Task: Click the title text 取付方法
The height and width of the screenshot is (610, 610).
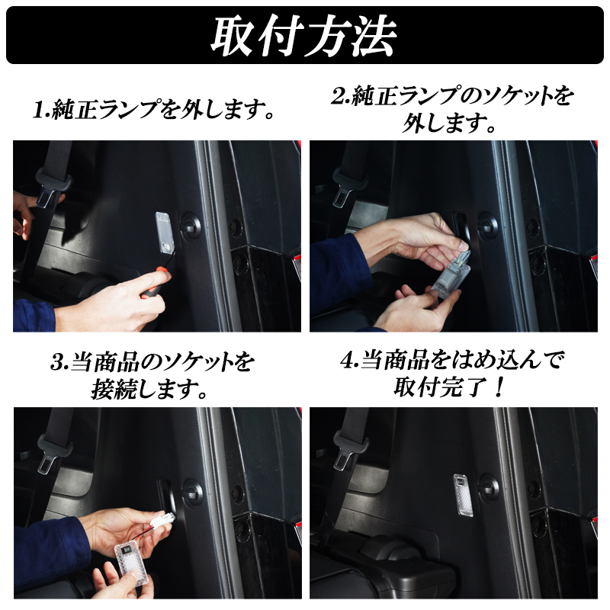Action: [x=303, y=36]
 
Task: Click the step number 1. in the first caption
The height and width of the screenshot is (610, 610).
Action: [x=41, y=110]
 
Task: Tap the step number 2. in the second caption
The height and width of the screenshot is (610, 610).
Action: [x=341, y=96]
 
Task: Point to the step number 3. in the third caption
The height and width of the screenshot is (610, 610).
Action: [x=59, y=362]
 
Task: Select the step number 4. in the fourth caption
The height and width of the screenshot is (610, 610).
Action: [x=350, y=360]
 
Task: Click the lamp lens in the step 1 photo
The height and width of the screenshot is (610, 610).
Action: [x=165, y=233]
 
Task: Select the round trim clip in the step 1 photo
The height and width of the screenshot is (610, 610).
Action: [x=191, y=226]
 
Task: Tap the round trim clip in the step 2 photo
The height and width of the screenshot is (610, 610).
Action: [x=488, y=226]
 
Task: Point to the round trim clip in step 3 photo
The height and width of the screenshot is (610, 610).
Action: [x=192, y=493]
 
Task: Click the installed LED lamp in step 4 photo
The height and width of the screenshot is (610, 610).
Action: [x=464, y=496]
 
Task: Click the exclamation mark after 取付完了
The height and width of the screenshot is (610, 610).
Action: [x=499, y=387]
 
